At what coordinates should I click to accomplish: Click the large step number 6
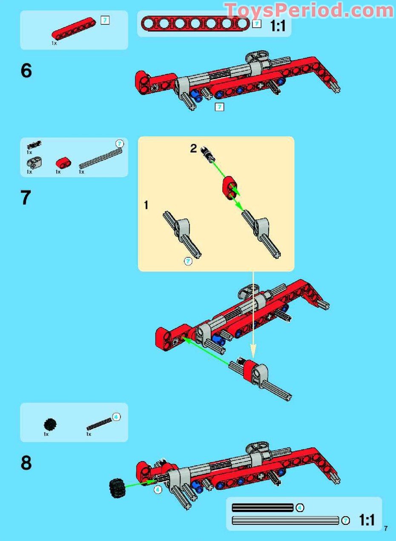click(x=26, y=71)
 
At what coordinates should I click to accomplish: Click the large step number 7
click(x=26, y=198)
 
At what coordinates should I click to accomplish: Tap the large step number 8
click(x=26, y=463)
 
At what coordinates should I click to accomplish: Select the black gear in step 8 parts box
click(x=50, y=424)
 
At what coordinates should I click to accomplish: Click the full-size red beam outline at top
click(x=195, y=24)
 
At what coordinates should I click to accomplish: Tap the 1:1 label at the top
click(x=278, y=26)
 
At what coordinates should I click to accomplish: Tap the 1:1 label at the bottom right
click(x=366, y=520)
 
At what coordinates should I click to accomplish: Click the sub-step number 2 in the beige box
click(x=193, y=149)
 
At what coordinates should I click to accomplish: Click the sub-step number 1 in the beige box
click(x=146, y=205)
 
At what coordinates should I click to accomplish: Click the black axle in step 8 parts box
click(x=99, y=423)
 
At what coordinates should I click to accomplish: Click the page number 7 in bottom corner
click(x=385, y=529)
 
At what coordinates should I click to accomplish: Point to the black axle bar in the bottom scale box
click(x=263, y=508)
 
